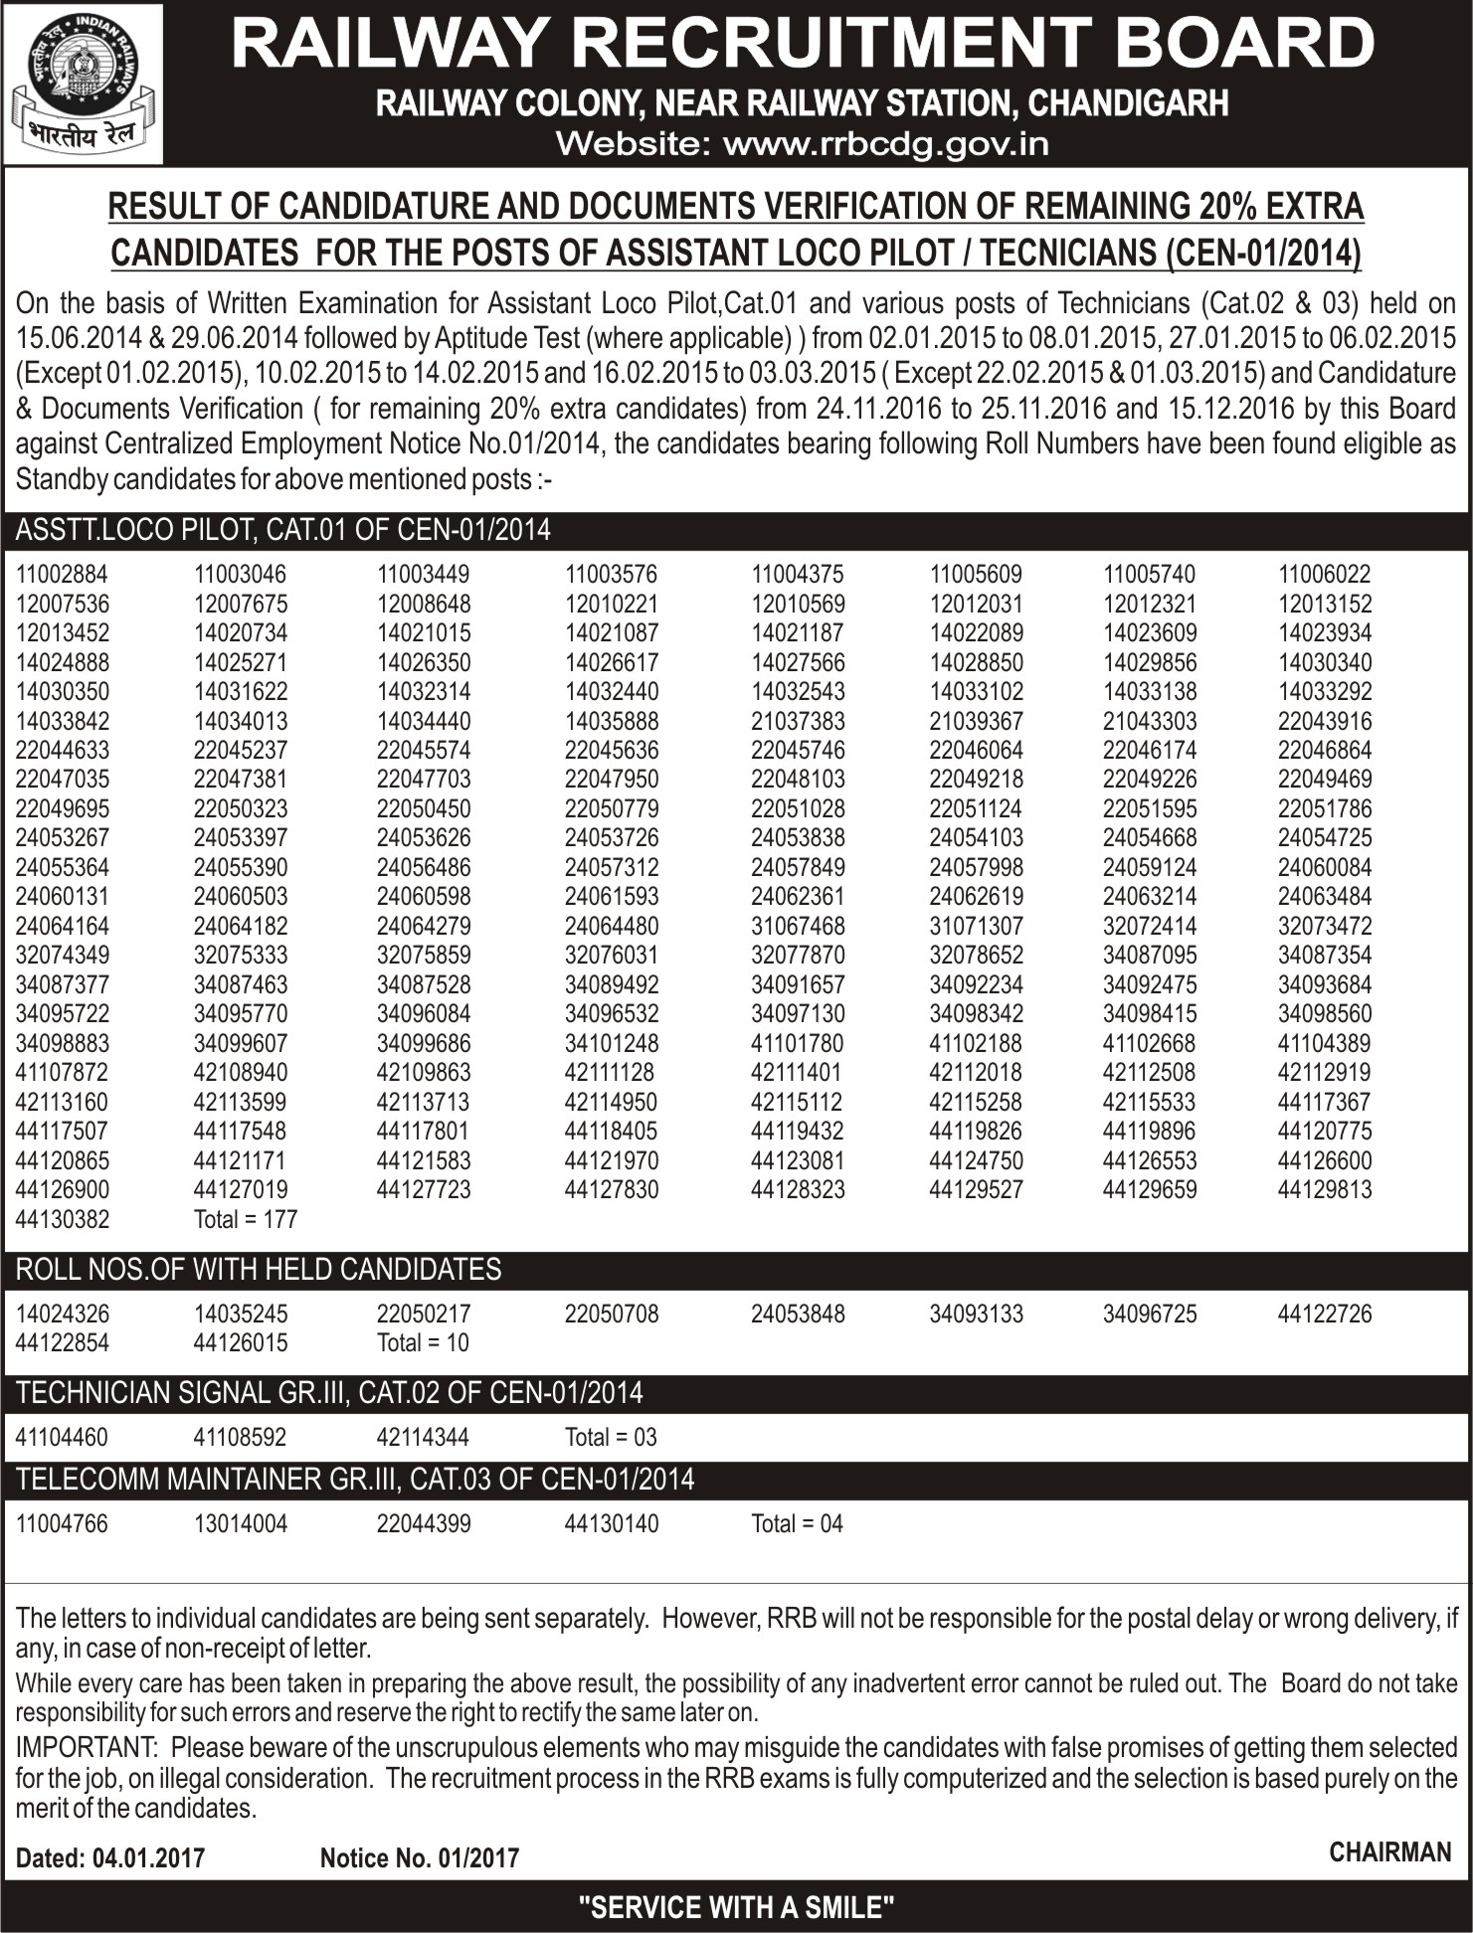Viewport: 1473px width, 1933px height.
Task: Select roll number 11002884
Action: (63, 575)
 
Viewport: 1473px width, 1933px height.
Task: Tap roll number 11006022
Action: (1325, 575)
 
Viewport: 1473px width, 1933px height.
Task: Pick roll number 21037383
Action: (798, 721)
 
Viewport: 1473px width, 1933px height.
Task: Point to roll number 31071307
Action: (976, 926)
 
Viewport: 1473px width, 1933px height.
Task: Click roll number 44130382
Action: (63, 1219)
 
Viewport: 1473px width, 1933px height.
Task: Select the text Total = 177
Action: (246, 1219)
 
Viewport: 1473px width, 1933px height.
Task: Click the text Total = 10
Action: (423, 1342)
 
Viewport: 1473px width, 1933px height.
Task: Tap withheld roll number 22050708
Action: (612, 1314)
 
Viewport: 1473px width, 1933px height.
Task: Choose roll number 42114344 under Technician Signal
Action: (424, 1437)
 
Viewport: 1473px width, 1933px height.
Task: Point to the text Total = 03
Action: (611, 1437)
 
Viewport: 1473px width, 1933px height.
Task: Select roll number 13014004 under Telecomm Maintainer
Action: (241, 1523)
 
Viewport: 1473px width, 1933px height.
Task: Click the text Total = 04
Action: (797, 1523)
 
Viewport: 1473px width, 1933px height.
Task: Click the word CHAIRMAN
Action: (1390, 1851)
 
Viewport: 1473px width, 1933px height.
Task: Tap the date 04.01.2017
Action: (148, 1858)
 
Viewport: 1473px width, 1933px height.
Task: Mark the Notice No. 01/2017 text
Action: (419, 1858)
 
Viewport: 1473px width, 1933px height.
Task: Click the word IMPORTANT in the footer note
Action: (88, 1747)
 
